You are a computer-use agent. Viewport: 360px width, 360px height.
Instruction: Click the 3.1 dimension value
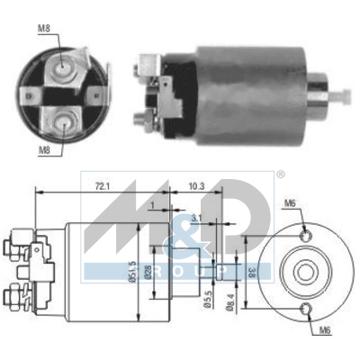[196, 216]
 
